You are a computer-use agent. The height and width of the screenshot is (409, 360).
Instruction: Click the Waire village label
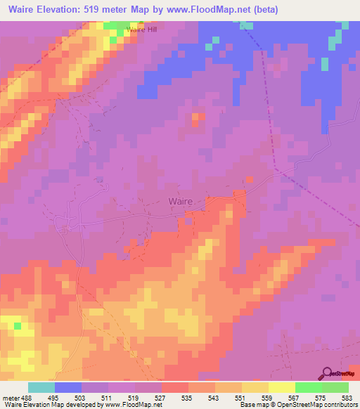pyautogui.click(x=186, y=201)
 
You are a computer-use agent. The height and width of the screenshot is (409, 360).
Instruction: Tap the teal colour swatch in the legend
pyautogui.click(x=41, y=387)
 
